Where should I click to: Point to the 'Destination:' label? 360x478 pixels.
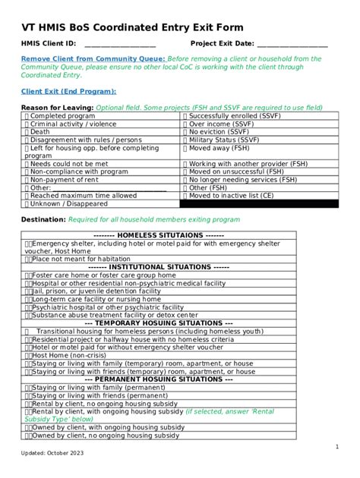tap(43, 220)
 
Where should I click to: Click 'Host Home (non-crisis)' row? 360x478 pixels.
tap(68, 354)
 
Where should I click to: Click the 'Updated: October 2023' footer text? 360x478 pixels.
tap(54, 454)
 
